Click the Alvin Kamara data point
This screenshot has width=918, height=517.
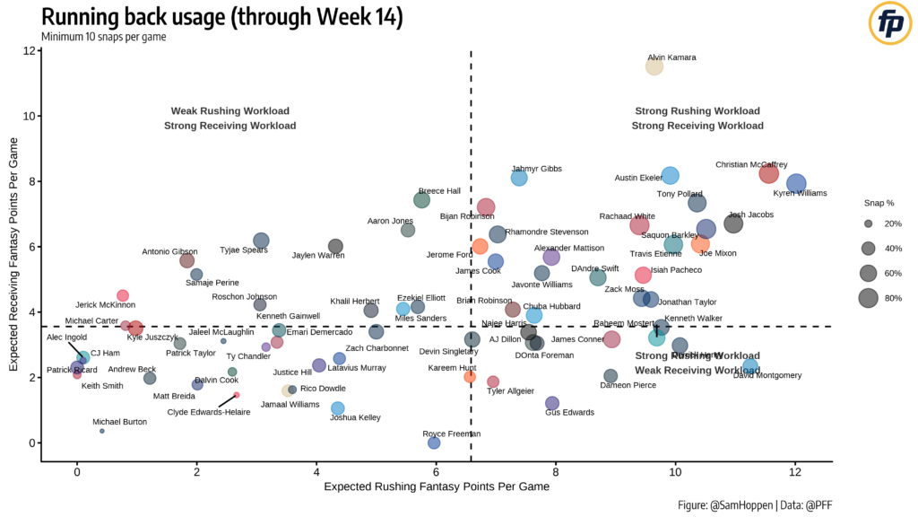(x=654, y=66)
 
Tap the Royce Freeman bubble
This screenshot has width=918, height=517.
(x=434, y=443)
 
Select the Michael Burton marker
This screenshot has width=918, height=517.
(x=102, y=431)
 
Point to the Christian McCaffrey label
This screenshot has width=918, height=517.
(x=751, y=164)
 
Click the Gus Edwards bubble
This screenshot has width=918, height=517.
(x=552, y=403)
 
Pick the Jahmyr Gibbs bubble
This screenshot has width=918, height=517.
(x=519, y=178)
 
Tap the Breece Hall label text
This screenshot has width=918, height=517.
(x=439, y=190)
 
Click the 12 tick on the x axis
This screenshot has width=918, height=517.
(x=795, y=471)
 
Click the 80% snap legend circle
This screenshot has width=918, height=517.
(x=868, y=298)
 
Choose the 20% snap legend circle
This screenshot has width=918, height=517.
(x=868, y=223)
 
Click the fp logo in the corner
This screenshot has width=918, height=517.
(x=890, y=25)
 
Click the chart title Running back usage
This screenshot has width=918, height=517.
(x=221, y=17)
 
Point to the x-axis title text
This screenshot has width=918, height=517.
(x=437, y=486)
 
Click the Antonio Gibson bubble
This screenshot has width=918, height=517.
(x=186, y=260)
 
